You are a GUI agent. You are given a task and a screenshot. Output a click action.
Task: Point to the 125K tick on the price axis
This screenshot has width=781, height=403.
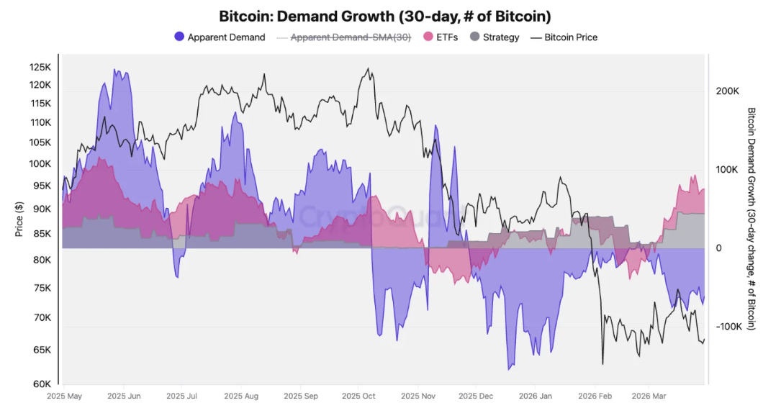coord(40,67)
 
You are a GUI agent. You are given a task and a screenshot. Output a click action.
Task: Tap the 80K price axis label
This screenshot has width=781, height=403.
coord(42,260)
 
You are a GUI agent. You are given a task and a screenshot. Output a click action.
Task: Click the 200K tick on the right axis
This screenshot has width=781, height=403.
coord(728,91)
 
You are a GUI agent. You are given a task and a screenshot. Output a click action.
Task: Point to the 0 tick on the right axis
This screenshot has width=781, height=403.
coord(719,248)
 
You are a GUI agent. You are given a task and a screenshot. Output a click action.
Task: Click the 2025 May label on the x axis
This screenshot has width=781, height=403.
coord(66,396)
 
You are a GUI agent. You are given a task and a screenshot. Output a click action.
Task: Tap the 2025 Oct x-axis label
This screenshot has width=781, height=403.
coord(358,396)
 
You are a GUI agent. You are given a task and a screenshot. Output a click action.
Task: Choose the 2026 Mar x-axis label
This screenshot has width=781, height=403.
coord(649,396)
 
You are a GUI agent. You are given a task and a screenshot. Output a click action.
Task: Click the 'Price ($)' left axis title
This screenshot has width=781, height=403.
coord(19,219)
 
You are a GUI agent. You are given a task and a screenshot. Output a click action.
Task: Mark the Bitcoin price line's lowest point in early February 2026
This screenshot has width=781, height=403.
coord(602,364)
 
